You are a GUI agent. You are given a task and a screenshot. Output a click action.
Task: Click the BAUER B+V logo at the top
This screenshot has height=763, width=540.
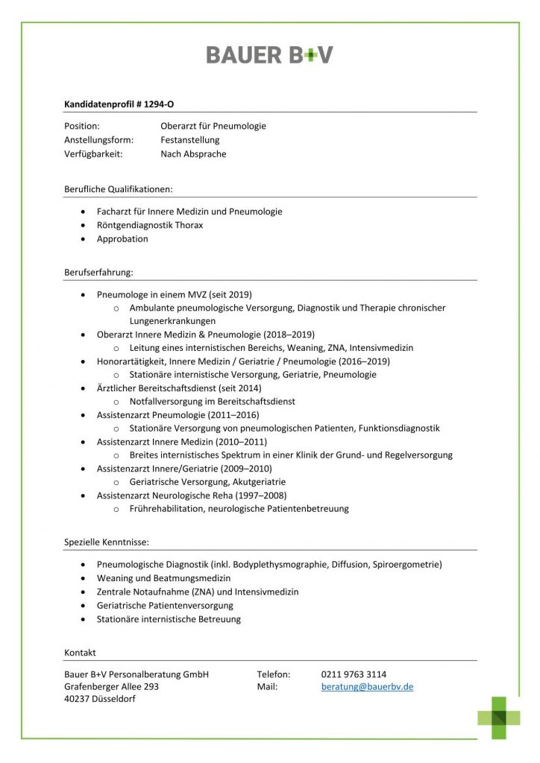click(269, 54)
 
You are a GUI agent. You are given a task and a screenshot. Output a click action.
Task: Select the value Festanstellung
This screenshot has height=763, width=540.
click(189, 140)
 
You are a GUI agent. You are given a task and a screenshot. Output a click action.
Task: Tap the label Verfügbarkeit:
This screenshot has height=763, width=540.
click(93, 154)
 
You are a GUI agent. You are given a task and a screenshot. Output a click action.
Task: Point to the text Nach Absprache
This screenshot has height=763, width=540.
click(193, 154)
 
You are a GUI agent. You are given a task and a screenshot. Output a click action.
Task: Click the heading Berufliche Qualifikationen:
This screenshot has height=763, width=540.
click(119, 189)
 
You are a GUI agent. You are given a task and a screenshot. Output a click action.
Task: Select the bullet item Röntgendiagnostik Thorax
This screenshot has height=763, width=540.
click(149, 225)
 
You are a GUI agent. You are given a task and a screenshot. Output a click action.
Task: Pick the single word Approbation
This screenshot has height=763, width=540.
click(122, 239)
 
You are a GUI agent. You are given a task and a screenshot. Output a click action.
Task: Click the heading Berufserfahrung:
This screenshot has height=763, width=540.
click(99, 273)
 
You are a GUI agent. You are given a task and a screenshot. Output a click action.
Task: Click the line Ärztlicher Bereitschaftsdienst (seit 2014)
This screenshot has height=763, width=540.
click(179, 387)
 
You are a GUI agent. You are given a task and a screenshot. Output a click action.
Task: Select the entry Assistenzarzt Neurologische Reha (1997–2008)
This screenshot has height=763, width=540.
click(191, 496)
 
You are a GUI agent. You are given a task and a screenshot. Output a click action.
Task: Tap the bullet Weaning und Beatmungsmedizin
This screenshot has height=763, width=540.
click(163, 578)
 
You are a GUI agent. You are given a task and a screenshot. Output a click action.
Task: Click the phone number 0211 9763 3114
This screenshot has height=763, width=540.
click(354, 674)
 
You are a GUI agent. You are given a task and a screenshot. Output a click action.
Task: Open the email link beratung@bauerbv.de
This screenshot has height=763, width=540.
click(367, 687)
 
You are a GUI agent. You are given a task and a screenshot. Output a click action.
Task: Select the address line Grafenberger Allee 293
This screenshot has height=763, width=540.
click(111, 687)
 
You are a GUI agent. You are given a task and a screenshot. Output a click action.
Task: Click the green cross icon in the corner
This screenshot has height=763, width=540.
click(499, 718)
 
